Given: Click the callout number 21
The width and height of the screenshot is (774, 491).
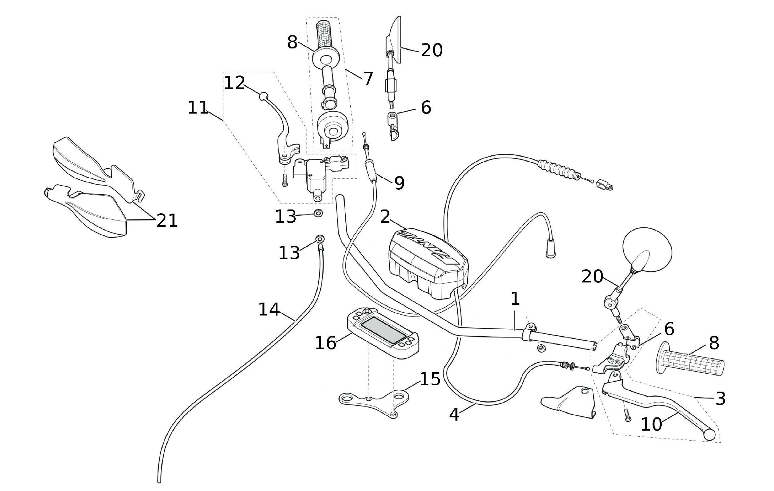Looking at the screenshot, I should click(167, 220).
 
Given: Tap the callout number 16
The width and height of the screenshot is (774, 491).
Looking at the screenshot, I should click(325, 343).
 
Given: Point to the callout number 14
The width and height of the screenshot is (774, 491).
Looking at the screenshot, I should click(269, 309).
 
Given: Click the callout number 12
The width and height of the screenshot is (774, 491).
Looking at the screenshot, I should click(234, 83).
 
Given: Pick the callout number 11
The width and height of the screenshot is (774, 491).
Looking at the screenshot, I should click(198, 107).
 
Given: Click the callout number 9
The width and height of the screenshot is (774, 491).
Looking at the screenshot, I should click(399, 183).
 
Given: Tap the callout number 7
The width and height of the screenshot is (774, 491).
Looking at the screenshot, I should click(368, 78).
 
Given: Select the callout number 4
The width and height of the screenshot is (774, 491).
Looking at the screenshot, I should click(454, 415).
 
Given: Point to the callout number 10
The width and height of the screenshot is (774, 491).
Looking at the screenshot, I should click(651, 424).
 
